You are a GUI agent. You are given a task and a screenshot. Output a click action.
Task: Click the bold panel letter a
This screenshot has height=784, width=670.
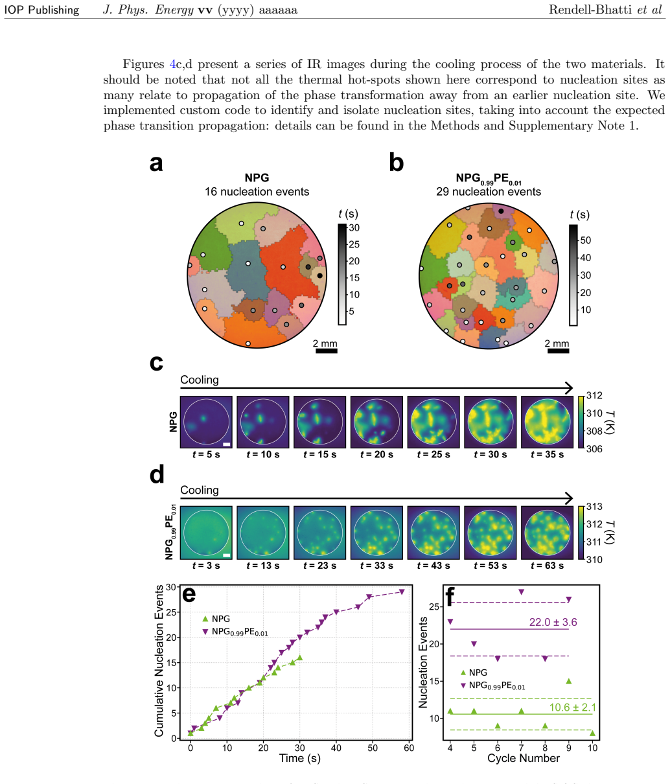pyautogui.click(x=156, y=164)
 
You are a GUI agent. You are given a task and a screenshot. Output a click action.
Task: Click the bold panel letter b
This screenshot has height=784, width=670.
pyautogui.click(x=396, y=163)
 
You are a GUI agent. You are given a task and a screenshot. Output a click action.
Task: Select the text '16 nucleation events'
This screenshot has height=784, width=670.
pyautogui.click(x=257, y=192)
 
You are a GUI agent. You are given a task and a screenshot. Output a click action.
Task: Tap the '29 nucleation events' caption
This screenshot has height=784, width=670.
pyautogui.click(x=489, y=192)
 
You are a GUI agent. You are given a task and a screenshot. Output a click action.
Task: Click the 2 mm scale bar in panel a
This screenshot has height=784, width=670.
pyautogui.click(x=327, y=351)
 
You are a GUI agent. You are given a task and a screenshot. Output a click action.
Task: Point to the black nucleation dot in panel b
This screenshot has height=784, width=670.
pyautogui.click(x=501, y=211)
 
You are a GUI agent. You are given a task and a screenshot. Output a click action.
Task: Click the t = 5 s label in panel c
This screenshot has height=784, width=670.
pyautogui.click(x=206, y=454)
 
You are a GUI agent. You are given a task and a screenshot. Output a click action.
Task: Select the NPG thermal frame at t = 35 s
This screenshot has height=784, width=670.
pyautogui.click(x=547, y=422)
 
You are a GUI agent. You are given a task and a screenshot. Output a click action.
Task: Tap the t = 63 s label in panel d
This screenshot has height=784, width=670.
pyautogui.click(x=547, y=566)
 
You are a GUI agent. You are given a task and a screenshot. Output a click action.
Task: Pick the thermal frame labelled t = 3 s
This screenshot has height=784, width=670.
pyautogui.click(x=206, y=533)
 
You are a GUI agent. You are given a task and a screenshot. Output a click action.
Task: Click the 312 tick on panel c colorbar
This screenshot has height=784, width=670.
pyautogui.click(x=594, y=396)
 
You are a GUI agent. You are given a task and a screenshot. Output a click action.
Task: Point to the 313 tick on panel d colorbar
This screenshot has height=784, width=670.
pyautogui.click(x=594, y=507)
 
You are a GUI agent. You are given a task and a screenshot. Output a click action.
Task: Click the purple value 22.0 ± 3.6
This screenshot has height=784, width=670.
pyautogui.click(x=553, y=623)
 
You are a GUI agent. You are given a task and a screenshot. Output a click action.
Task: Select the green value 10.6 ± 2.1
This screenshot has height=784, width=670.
pyautogui.click(x=573, y=708)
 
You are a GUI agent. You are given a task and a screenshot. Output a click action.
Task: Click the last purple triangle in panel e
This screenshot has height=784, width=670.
pyautogui.click(x=402, y=592)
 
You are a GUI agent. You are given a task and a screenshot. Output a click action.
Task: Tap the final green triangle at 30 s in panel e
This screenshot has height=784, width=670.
pyautogui.click(x=300, y=658)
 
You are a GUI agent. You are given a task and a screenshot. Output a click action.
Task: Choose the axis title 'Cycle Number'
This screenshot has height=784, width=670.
pyautogui.click(x=523, y=759)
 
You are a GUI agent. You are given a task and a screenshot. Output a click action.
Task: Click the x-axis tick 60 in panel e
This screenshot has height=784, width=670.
pyautogui.click(x=409, y=748)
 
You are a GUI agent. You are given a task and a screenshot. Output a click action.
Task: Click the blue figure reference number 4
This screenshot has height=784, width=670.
pyautogui.click(x=172, y=64)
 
